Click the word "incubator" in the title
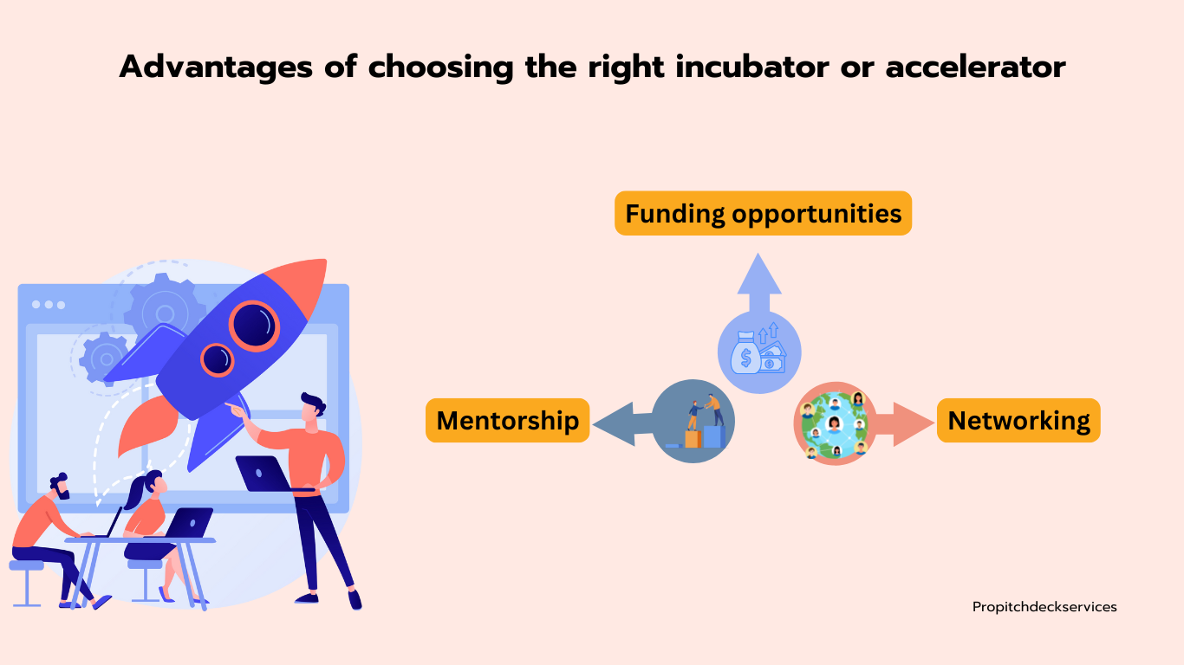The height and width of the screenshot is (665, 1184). (752, 67)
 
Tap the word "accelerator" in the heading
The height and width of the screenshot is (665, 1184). (976, 67)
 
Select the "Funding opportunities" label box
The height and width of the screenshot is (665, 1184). (764, 213)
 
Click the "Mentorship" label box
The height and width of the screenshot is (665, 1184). (507, 421)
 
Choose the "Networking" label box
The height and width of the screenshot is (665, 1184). (1018, 421)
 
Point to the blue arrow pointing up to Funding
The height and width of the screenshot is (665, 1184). (759, 282)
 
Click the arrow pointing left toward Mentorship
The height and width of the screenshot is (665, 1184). (624, 423)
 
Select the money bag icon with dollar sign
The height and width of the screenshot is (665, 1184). (745, 352)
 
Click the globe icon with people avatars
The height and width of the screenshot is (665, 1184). (836, 423)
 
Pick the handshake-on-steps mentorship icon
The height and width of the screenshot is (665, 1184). (693, 422)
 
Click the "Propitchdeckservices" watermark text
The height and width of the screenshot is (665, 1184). (1044, 607)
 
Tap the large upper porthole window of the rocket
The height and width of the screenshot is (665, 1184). (254, 326)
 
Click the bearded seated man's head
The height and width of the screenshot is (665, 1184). (61, 486)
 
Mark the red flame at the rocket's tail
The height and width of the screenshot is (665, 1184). (149, 425)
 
